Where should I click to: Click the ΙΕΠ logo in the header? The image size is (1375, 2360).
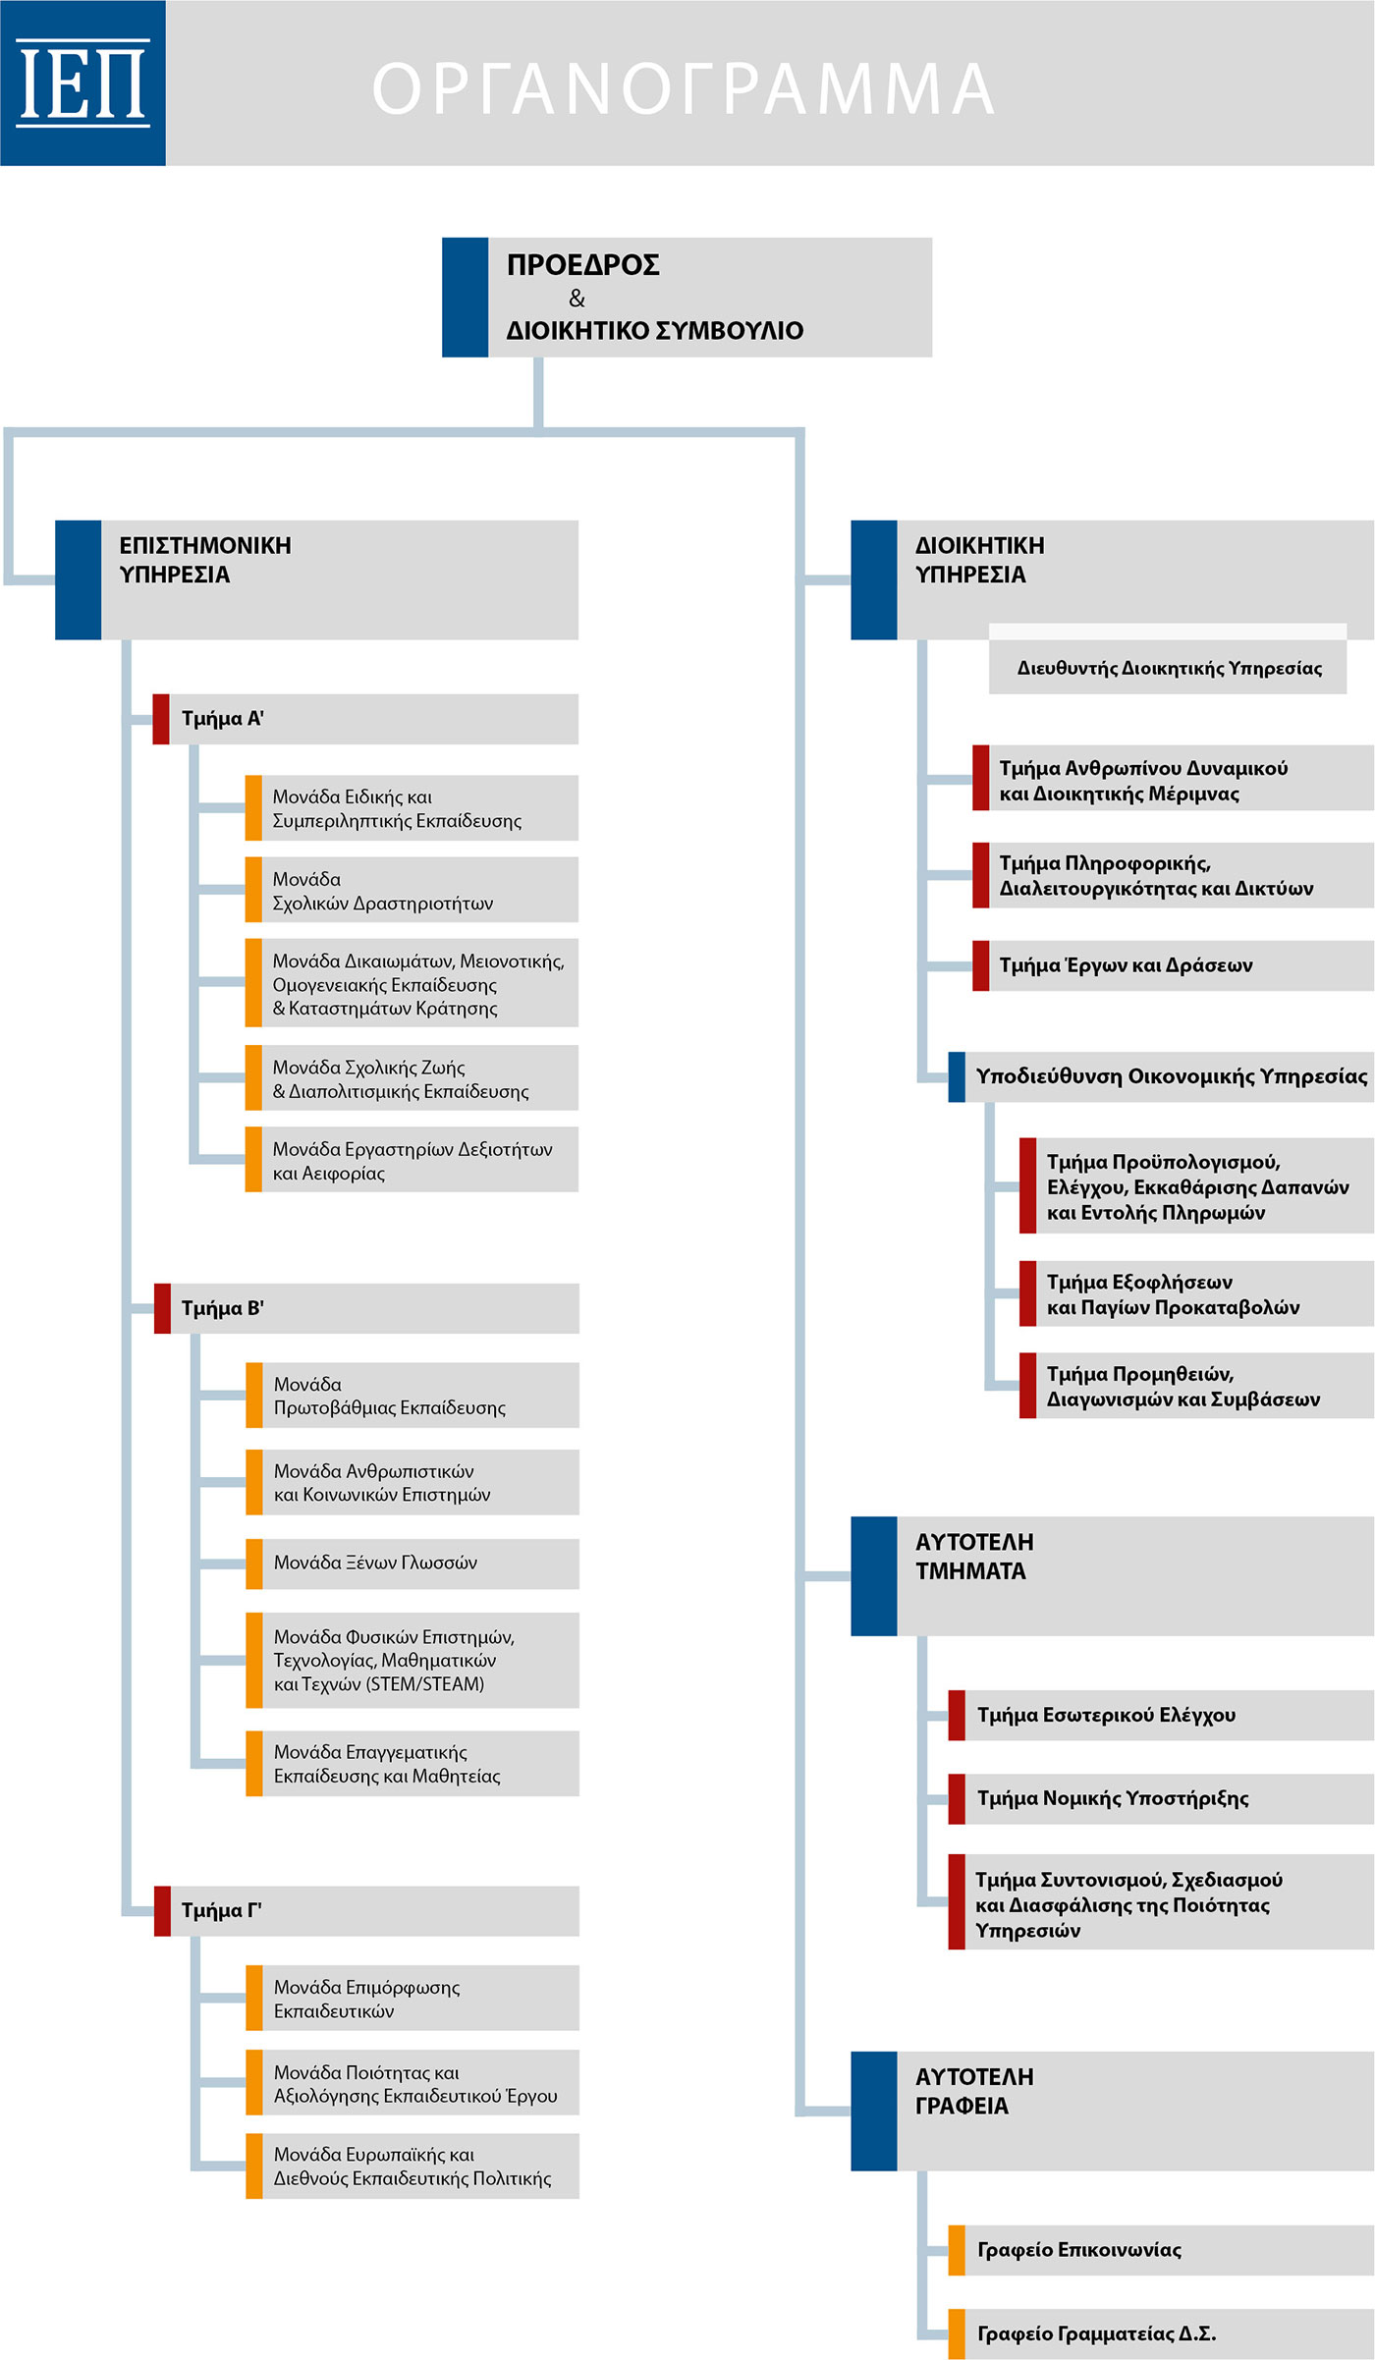pyautogui.click(x=82, y=82)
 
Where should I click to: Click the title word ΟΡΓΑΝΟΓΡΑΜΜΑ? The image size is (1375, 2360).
pyautogui.click(x=684, y=88)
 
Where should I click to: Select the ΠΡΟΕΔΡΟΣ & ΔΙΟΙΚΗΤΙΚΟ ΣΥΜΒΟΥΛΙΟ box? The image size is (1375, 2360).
pyautogui.click(x=687, y=297)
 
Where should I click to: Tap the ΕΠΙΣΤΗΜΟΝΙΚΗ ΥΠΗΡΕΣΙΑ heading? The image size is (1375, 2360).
pyautogui.click(x=205, y=560)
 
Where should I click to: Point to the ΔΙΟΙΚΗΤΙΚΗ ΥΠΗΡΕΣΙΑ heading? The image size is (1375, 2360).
pyautogui.click(x=979, y=560)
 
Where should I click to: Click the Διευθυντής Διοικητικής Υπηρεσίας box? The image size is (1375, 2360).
pyautogui.click(x=1168, y=668)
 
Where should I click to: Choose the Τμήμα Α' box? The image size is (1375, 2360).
pyautogui.click(x=365, y=719)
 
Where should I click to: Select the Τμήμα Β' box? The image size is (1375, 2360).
pyautogui.click(x=366, y=1308)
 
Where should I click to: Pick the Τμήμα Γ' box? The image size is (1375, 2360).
pyautogui.click(x=366, y=1910)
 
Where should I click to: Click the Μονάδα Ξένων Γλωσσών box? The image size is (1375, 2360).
pyautogui.click(x=412, y=1563)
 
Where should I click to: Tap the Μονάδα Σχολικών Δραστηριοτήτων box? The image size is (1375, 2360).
pyautogui.click(x=412, y=890)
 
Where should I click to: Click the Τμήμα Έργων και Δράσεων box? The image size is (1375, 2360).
pyautogui.click(x=1173, y=965)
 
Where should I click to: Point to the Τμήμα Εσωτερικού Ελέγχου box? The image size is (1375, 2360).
pyautogui.click(x=1161, y=1715)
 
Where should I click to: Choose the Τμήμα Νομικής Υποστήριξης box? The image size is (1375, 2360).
pyautogui.click(x=1161, y=1798)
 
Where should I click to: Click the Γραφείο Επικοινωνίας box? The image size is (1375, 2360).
pyautogui.click(x=1161, y=2250)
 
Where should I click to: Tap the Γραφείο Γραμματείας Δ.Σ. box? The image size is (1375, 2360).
pyautogui.click(x=1161, y=2333)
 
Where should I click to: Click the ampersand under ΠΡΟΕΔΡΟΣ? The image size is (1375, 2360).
pyautogui.click(x=577, y=298)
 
